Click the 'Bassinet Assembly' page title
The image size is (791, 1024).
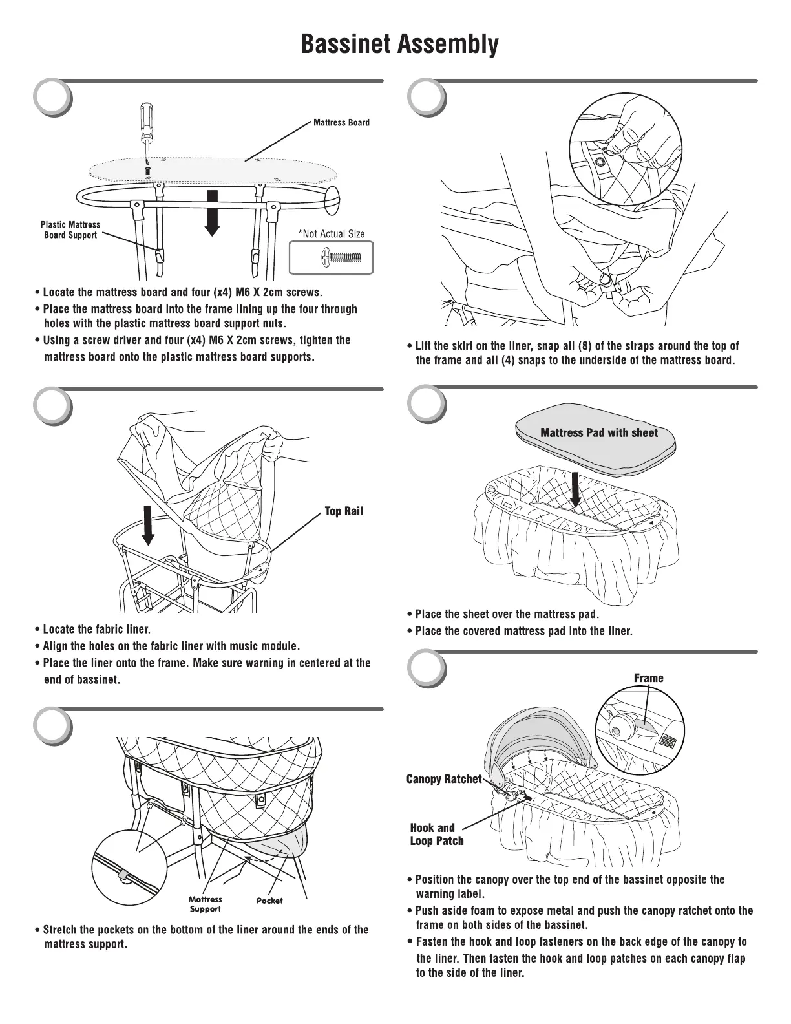[399, 44]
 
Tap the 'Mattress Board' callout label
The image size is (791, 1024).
[341, 122]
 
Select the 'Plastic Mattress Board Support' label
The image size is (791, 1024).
[70, 230]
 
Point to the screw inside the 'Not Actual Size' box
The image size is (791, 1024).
[339, 259]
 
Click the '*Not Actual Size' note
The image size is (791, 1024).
[331, 234]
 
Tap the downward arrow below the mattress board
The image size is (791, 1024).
[212, 213]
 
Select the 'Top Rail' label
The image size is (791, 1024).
[343, 511]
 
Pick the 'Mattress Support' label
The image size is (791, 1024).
[205, 904]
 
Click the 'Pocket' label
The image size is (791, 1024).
[269, 901]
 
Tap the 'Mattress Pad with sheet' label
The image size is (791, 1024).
[598, 433]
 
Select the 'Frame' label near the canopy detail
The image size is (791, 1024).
[648, 678]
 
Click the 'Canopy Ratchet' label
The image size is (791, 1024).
[444, 779]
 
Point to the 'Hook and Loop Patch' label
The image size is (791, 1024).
[436, 834]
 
